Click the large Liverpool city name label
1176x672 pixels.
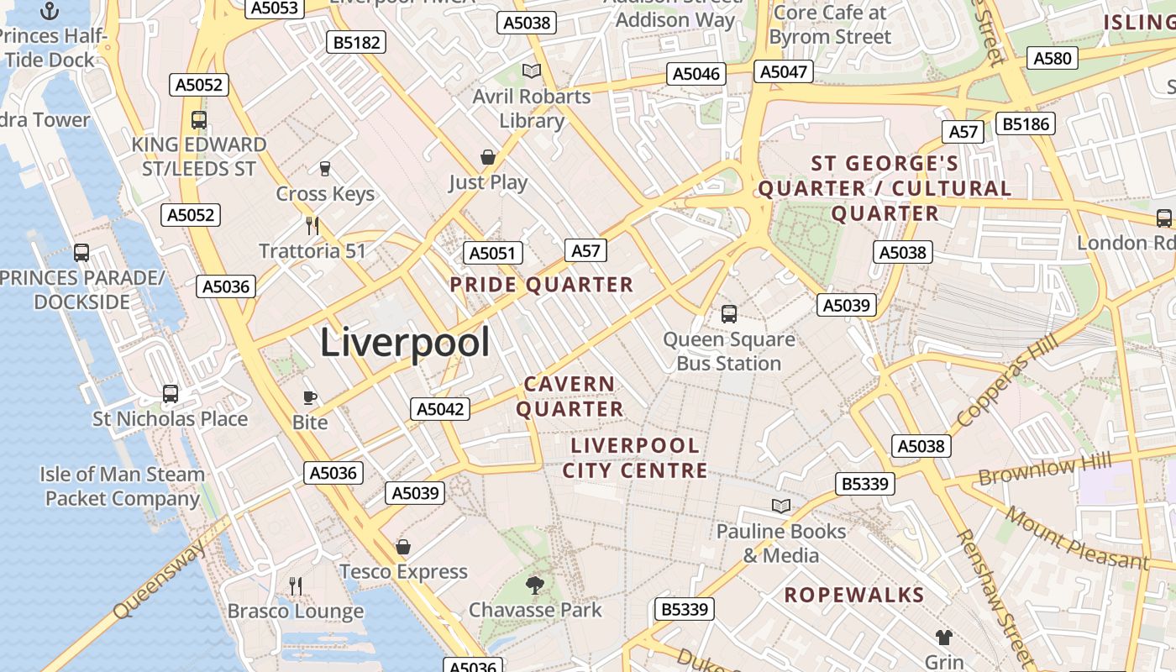click(x=405, y=343)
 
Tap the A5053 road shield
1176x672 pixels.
click(x=274, y=8)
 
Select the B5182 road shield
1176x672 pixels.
click(x=357, y=43)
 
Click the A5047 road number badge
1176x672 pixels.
click(x=784, y=72)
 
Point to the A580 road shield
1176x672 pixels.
click(x=1053, y=58)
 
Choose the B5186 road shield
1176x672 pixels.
click(x=1026, y=124)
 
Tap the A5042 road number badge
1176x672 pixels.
click(x=440, y=409)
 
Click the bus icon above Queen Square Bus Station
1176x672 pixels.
click(x=729, y=314)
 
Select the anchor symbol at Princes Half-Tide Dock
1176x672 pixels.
click(x=50, y=11)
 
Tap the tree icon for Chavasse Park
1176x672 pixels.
click(x=534, y=585)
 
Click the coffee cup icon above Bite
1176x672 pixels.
click(x=309, y=397)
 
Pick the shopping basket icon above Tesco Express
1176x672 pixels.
click(x=403, y=547)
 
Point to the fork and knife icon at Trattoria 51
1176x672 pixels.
click(x=312, y=225)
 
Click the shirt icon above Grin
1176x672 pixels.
click(x=943, y=638)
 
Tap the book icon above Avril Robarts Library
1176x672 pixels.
click(x=531, y=71)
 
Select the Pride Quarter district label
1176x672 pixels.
click(x=542, y=285)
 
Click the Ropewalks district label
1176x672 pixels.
click(x=854, y=596)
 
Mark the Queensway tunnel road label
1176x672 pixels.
click(x=160, y=580)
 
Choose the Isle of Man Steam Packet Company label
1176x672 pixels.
click(x=123, y=486)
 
